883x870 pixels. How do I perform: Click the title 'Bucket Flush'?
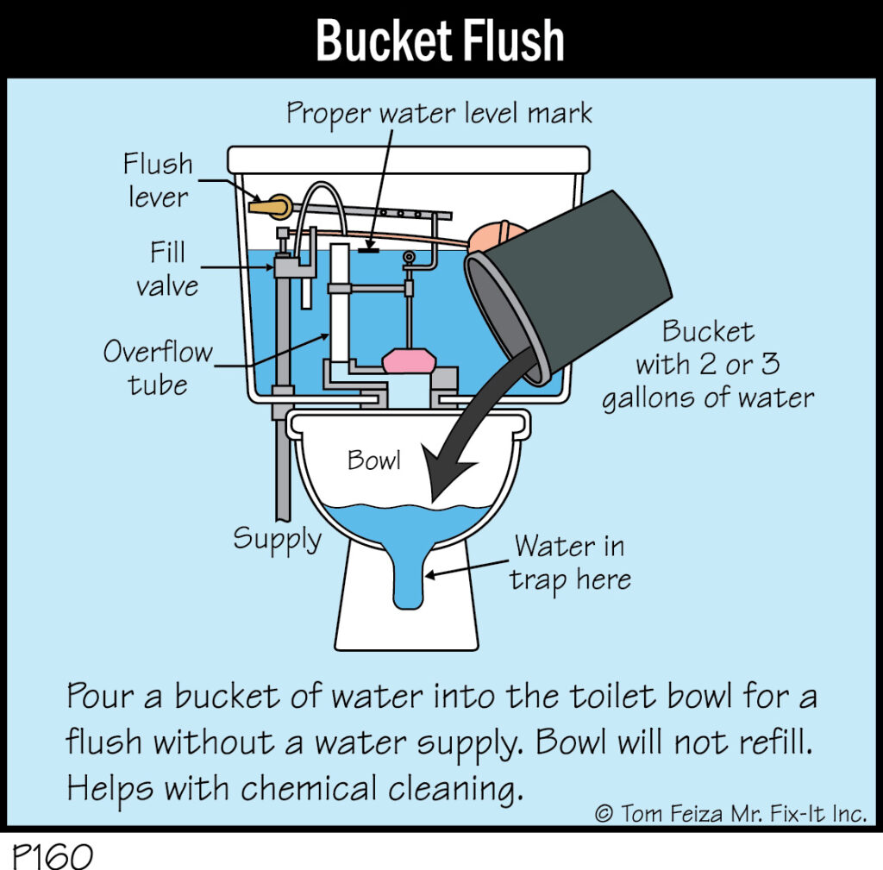pos(440,40)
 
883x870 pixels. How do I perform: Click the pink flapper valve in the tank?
pos(410,361)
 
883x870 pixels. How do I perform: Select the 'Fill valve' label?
pos(167,269)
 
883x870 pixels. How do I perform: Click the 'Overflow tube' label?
pos(159,368)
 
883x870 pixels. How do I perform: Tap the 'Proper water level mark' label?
pos(439,114)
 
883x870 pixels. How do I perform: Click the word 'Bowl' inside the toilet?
pos(374,460)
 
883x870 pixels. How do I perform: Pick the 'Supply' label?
pos(277,540)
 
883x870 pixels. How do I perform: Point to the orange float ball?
pos(496,236)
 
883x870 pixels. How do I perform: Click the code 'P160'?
pos(52,856)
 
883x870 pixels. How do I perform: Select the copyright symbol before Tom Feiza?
pos(604,814)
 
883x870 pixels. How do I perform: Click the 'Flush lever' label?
pos(159,181)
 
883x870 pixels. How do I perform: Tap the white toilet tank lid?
pos(408,160)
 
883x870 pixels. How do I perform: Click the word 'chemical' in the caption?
pos(310,788)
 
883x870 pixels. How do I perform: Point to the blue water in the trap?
pos(408,577)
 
